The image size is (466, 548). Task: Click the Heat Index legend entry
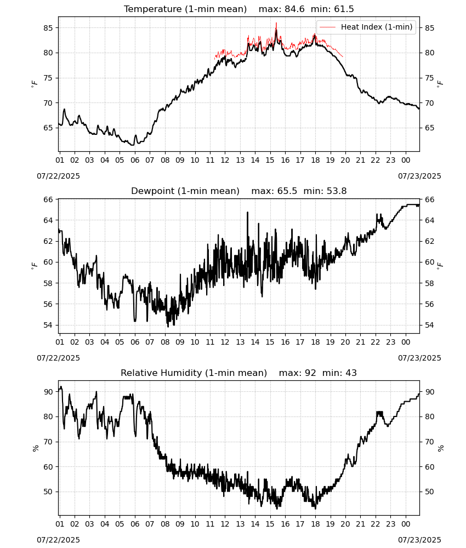[x=366, y=27]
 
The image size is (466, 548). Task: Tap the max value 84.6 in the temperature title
[x=295, y=9]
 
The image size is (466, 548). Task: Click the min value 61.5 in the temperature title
[x=344, y=9]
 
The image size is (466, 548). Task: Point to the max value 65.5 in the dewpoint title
[x=287, y=191]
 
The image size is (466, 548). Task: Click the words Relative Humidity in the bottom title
[x=162, y=373]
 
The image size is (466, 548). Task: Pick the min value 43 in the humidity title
[x=351, y=373]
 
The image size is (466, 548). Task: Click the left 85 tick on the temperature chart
[x=48, y=28]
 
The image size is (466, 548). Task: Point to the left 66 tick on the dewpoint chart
[x=48, y=199]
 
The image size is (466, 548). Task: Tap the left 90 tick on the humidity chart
[x=48, y=392]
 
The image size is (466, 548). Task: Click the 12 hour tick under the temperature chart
[x=225, y=160]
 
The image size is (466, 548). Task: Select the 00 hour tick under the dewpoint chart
[x=406, y=342]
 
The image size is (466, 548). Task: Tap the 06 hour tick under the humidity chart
[x=134, y=524]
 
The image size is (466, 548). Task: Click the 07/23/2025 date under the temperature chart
[x=419, y=176]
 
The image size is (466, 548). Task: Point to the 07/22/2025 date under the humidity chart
[x=58, y=540]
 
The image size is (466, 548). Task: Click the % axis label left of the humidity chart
[x=35, y=448]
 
